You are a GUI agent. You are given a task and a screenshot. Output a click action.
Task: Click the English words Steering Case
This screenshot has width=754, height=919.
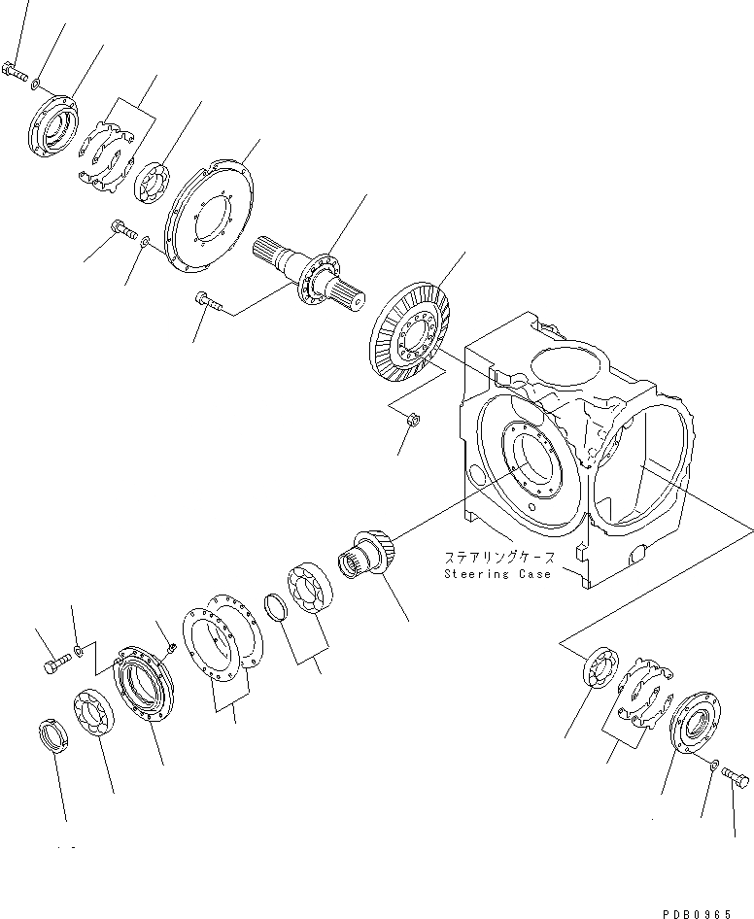tap(497, 574)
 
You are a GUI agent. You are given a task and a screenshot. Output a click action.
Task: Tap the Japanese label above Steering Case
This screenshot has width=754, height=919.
tap(499, 559)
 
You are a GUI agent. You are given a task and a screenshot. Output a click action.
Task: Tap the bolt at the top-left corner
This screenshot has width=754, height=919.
tap(15, 70)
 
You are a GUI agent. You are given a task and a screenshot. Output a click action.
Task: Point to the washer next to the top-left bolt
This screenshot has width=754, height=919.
tap(36, 84)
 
